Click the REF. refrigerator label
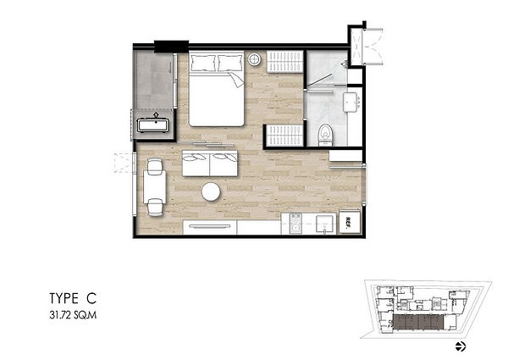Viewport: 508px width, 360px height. tap(349, 222)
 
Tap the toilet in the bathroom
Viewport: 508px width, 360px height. tap(326, 135)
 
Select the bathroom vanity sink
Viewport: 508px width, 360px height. tap(351, 102)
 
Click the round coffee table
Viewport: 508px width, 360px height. tap(211, 192)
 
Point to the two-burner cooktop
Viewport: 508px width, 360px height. tap(295, 224)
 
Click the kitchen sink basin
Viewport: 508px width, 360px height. tap(324, 224)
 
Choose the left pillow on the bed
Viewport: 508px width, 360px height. tap(203, 63)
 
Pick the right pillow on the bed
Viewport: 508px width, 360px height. tap(230, 63)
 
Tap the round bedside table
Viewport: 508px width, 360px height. tap(255, 59)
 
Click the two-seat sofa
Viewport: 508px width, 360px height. tap(210, 163)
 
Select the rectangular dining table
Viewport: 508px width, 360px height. tap(155, 187)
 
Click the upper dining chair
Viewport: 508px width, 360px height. tap(155, 165)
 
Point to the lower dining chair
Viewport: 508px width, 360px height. tap(155, 207)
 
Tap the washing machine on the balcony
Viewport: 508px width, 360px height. tap(153, 125)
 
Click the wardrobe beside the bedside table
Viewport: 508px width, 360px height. tap(284, 62)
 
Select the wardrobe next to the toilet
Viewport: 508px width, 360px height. tap(284, 136)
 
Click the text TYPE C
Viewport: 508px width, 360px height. tap(73, 298)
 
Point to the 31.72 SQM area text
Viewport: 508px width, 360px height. tap(73, 315)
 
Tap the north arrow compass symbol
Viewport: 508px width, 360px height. tap(461, 346)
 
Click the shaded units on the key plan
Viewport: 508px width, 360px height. tap(418, 323)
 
